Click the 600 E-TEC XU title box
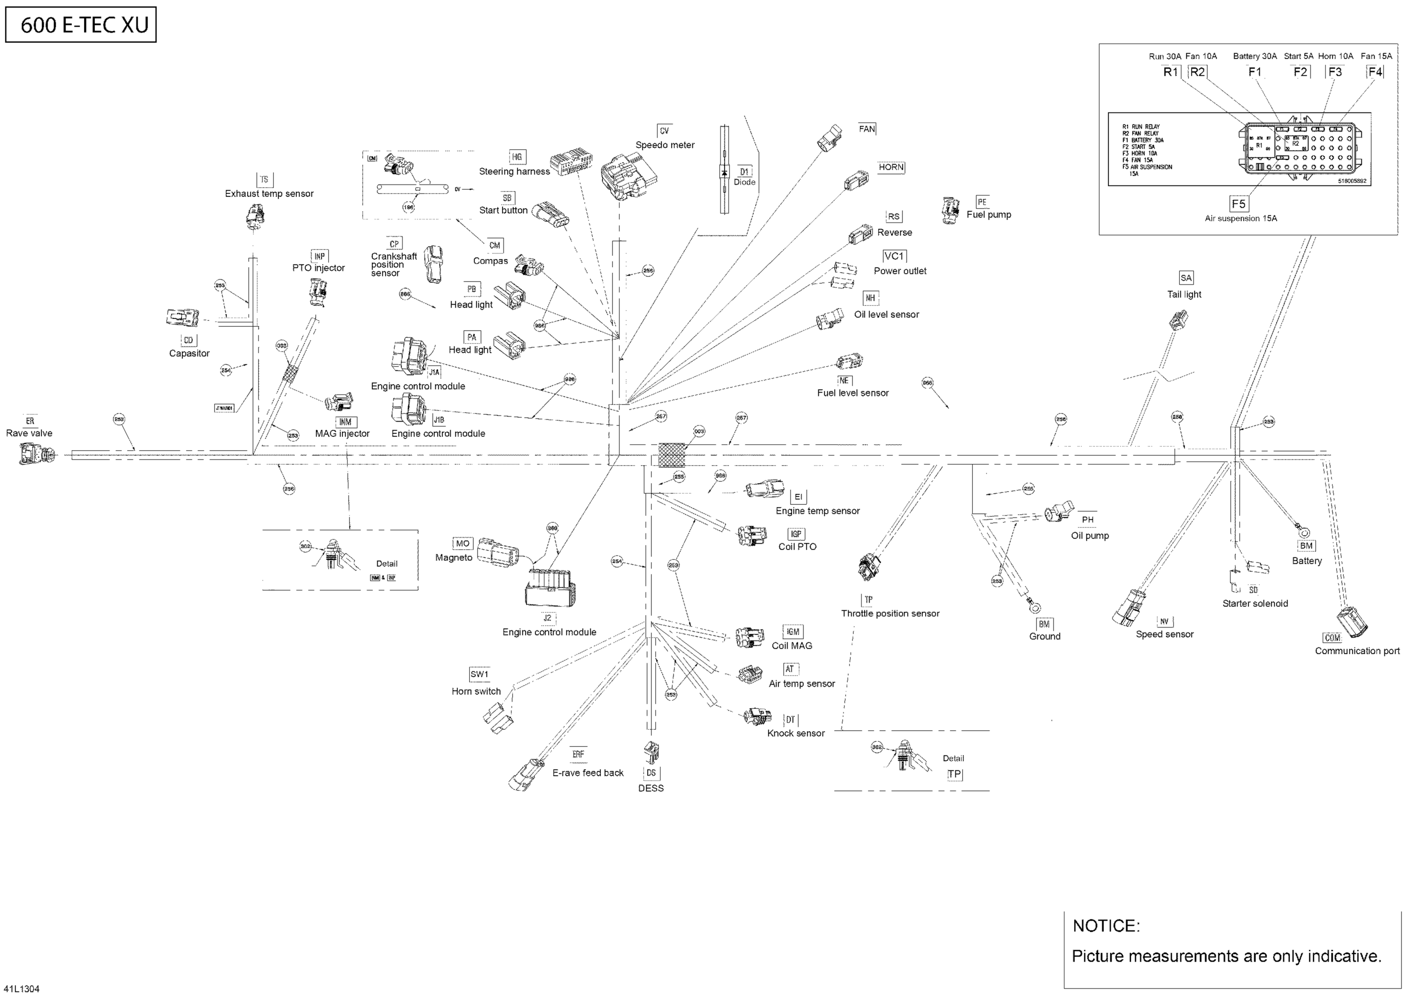click(x=81, y=24)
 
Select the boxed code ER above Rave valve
click(x=30, y=421)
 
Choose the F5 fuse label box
click(x=1239, y=204)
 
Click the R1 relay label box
click(x=1170, y=72)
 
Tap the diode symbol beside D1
click(x=725, y=172)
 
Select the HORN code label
click(x=891, y=167)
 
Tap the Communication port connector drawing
click(x=1352, y=622)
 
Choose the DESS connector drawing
click(x=650, y=752)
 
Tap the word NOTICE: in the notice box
click(x=1106, y=926)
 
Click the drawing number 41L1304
click(x=22, y=988)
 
